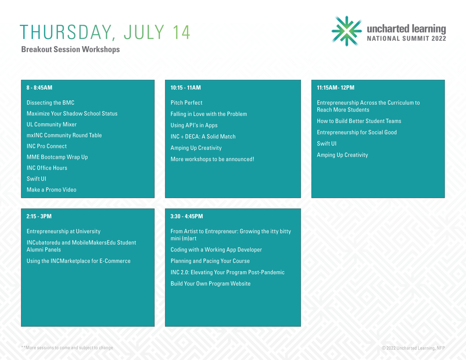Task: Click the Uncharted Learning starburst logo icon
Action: point(347,31)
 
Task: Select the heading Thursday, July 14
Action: point(105,32)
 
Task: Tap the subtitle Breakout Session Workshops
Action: point(70,50)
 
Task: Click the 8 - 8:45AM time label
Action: point(39,88)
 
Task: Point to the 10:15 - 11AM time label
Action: point(185,88)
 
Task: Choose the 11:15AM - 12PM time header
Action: point(336,88)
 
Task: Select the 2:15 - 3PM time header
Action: point(39,216)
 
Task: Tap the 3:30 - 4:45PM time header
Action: point(186,216)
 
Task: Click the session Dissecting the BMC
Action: point(51,103)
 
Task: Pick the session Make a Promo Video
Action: point(52,189)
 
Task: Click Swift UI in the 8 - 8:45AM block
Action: point(36,179)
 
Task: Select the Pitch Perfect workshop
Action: point(186,103)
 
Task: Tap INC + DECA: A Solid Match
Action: point(203,136)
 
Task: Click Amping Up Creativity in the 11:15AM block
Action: point(343,155)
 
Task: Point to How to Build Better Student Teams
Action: point(359,121)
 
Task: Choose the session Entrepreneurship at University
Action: point(63,231)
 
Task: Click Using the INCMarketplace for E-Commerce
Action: point(78,261)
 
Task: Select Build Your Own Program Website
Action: point(210,284)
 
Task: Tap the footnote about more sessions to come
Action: point(67,348)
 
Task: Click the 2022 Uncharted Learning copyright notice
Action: point(413,348)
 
